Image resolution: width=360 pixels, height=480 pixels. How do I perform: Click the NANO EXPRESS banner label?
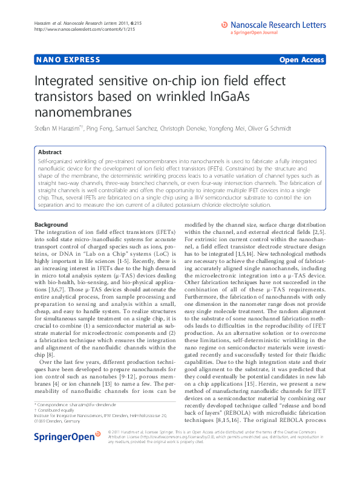pyautogui.click(x=59, y=61)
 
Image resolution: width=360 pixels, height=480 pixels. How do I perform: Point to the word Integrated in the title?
pyautogui.click(x=67, y=80)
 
